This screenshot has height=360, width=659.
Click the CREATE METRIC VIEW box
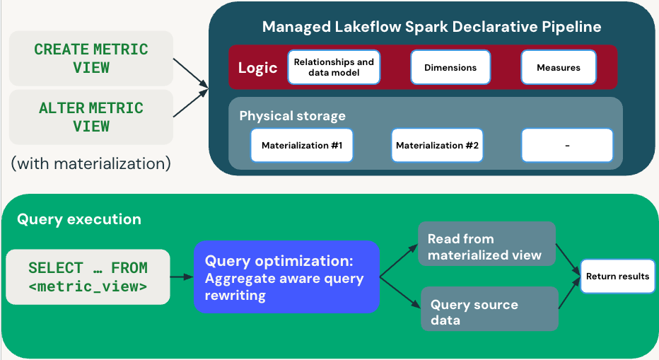pos(91,58)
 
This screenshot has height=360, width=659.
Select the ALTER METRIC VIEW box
pos(91,117)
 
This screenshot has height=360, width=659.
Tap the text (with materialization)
pos(91,163)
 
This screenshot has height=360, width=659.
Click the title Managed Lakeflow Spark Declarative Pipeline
pos(431,28)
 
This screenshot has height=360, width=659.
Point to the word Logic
pos(257,68)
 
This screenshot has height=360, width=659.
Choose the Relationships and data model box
pos(334,67)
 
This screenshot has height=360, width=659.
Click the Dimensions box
pos(450,68)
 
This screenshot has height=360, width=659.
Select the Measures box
pos(559,68)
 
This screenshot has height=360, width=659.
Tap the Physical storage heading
pos(292,115)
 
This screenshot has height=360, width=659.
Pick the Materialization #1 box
pos(302,145)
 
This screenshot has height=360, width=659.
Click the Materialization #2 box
pos(437,145)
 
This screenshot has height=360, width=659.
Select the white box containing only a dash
pos(567,145)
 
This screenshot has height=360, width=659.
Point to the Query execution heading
pos(78,219)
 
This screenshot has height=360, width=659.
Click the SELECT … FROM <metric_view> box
pos(88,277)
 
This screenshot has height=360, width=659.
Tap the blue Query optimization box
pos(286,277)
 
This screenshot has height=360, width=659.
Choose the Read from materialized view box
pos(486,244)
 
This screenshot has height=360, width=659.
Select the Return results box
pos(617,277)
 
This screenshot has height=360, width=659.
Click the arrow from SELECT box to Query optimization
pos(182,277)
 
